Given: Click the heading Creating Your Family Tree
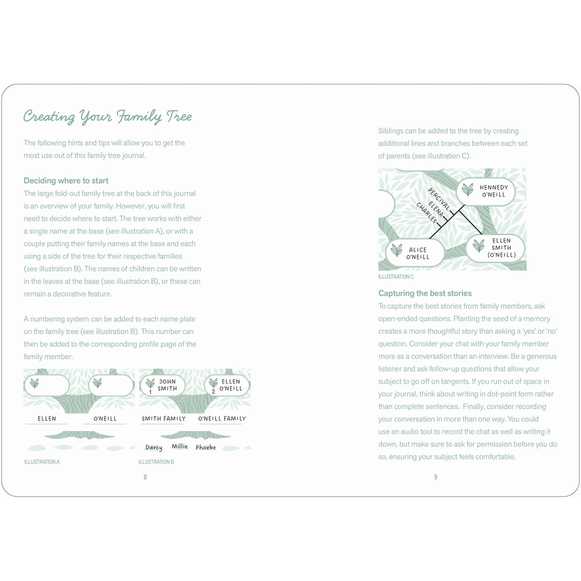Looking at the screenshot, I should [108, 116].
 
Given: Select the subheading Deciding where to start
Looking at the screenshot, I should [66, 181].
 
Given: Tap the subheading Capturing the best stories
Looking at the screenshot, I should [425, 293].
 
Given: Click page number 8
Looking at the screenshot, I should [145, 477].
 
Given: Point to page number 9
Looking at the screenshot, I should [436, 477].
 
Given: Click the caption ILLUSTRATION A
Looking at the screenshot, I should [42, 462].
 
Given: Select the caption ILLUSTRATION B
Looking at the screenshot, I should [156, 462].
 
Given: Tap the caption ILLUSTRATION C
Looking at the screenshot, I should [396, 277].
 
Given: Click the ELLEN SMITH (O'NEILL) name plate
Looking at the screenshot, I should [495, 248].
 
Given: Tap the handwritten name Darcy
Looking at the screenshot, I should [154, 447].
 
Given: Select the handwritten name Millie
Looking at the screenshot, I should [180, 446].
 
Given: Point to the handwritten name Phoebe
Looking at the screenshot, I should [205, 447].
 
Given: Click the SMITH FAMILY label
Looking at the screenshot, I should [164, 418].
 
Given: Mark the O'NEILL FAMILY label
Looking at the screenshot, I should [222, 418].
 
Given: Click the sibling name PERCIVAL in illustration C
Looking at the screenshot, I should [439, 199].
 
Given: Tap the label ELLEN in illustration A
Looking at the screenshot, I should [47, 418].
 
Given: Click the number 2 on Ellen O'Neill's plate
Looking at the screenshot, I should [213, 392].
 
